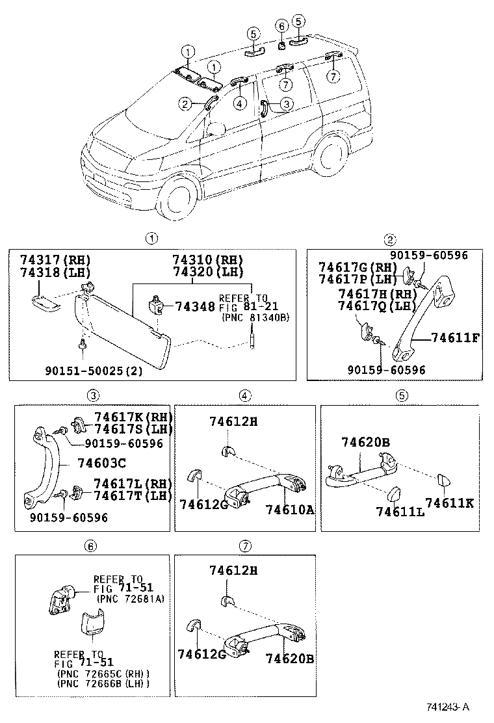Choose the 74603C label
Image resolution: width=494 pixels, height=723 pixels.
point(101,463)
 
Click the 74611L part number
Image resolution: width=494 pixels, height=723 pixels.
point(400,511)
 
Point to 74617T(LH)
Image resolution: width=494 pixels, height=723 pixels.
point(131,495)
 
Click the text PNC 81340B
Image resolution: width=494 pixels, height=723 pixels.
point(255,317)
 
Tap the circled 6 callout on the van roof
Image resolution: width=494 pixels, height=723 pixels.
point(281,27)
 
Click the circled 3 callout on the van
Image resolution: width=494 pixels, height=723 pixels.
point(287,103)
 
